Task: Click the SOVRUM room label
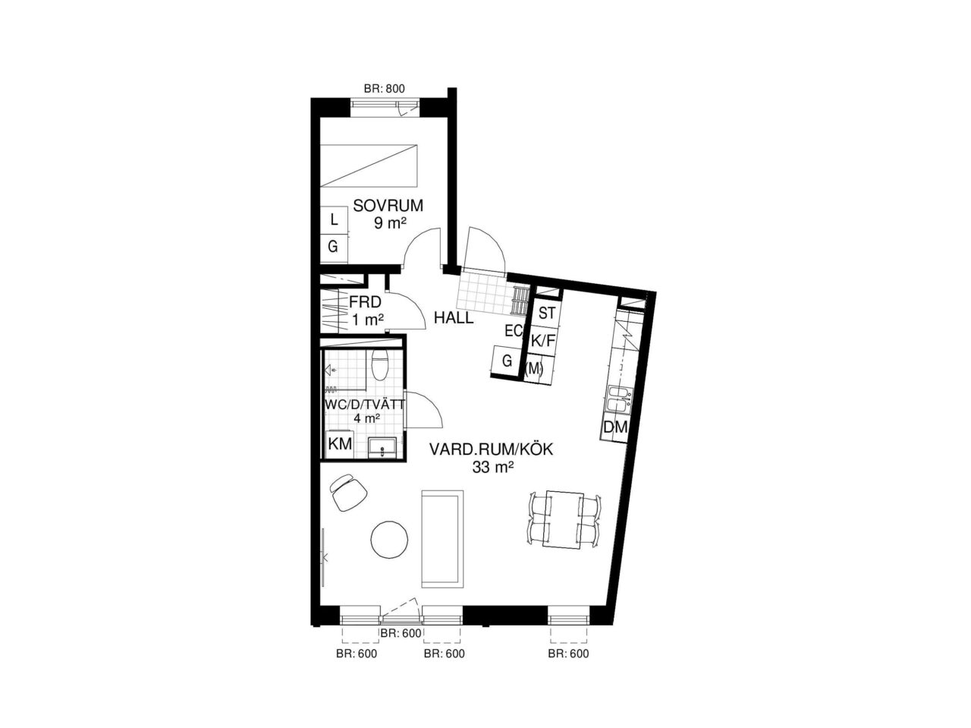(x=388, y=206)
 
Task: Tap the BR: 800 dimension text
(x=384, y=89)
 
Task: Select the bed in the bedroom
(x=369, y=165)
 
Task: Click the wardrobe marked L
(x=334, y=219)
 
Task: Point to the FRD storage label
(x=365, y=302)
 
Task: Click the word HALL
(x=454, y=318)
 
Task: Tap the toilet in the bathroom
(x=379, y=365)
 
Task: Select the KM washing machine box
(x=340, y=444)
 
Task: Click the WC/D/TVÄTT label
(x=365, y=404)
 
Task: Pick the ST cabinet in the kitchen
(x=547, y=313)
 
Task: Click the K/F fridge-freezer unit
(x=542, y=342)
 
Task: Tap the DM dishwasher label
(x=615, y=427)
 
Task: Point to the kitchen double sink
(x=619, y=399)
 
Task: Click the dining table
(x=564, y=519)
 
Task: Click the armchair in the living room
(x=349, y=492)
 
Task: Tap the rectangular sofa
(x=442, y=539)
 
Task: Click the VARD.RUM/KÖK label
(x=491, y=450)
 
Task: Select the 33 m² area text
(x=492, y=468)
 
